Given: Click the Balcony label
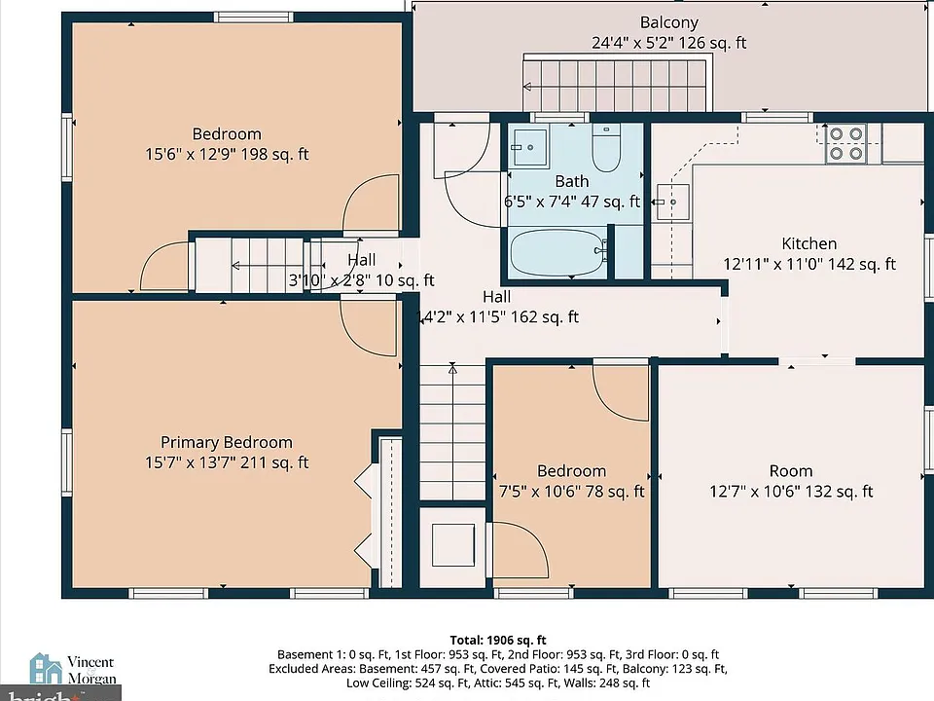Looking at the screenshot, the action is tap(669, 22).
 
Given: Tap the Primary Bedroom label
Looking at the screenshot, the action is tap(227, 442).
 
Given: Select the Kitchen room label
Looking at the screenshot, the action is tap(808, 243).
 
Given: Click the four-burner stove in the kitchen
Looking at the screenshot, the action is tap(845, 144).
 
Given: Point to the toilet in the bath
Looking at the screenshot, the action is tap(606, 147).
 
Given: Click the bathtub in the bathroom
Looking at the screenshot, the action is tap(557, 252).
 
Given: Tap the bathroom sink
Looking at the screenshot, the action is tap(528, 147).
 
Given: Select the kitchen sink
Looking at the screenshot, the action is tap(673, 203).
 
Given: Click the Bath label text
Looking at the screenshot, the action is tap(572, 181).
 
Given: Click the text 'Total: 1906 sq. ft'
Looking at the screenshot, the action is tap(498, 641).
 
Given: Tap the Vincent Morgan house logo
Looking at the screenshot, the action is tap(46, 668).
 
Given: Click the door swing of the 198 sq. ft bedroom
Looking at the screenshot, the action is tap(371, 203).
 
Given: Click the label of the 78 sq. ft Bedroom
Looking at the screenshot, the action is tap(572, 471).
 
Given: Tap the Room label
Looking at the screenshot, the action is tap(791, 471).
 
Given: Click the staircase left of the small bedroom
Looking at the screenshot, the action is tap(452, 432).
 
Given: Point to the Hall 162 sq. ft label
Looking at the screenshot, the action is tap(497, 297).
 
